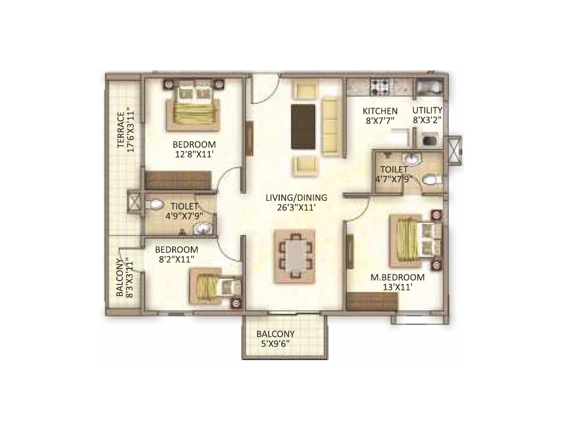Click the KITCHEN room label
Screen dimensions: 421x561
[x=380, y=111]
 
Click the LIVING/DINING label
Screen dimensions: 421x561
[x=296, y=198]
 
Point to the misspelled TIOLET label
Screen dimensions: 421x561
[x=184, y=206]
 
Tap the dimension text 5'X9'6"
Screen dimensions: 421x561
[x=275, y=344]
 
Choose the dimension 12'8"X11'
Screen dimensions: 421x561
[x=194, y=154]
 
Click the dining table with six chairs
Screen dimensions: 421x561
[x=295, y=256]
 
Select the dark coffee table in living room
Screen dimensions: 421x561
[x=304, y=127]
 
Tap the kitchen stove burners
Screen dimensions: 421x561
[x=380, y=86]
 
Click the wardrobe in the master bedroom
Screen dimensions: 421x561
[x=371, y=301]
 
